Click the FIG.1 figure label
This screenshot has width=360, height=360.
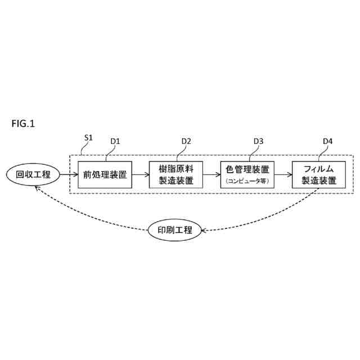22,124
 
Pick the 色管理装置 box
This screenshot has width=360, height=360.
245,174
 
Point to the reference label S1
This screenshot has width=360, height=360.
88,138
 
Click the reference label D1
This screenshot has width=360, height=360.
116,141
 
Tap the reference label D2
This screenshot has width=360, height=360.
186,141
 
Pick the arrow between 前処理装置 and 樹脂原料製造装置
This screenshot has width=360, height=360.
139,174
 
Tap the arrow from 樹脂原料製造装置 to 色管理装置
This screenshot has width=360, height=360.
210,174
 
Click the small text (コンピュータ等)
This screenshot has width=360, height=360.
245,181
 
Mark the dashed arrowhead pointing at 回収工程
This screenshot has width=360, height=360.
36,189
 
